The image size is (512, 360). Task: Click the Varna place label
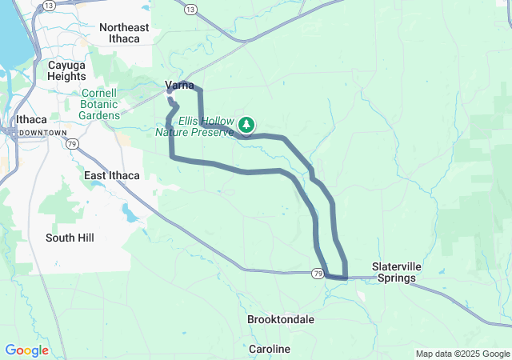(179, 86)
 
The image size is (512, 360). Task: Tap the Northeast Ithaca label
(124, 34)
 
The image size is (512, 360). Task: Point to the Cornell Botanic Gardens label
(99, 104)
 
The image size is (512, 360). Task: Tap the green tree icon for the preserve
(246, 124)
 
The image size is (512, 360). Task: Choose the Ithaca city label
(31, 120)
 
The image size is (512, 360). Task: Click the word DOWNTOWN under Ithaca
(42, 132)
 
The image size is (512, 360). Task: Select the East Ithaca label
(112, 175)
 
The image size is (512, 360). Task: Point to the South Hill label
(71, 238)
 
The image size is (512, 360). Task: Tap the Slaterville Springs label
(394, 273)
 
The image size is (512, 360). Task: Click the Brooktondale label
(280, 319)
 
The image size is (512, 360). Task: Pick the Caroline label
(269, 350)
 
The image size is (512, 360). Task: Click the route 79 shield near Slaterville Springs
(318, 274)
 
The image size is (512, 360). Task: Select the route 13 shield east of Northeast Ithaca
(190, 9)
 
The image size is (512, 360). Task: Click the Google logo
(26, 350)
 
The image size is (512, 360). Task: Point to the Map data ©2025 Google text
(462, 354)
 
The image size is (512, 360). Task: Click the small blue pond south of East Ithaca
(128, 214)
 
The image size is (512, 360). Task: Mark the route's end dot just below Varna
(170, 100)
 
